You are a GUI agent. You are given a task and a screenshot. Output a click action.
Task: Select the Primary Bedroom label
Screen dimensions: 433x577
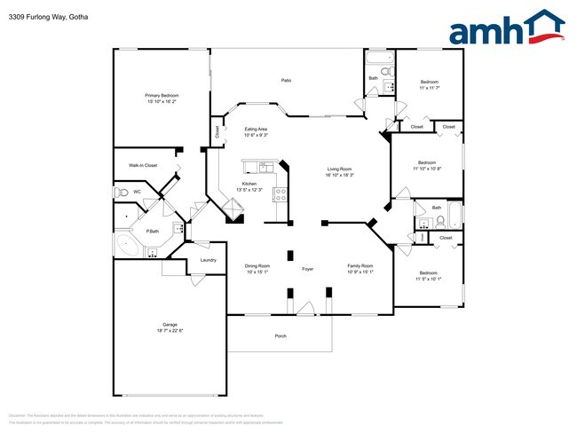coord(162,98)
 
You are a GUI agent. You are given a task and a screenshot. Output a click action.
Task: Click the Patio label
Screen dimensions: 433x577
coord(287,81)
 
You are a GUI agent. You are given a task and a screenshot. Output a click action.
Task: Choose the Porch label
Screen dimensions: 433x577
coord(281,335)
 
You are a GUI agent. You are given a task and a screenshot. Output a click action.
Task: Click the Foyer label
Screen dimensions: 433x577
coord(308,267)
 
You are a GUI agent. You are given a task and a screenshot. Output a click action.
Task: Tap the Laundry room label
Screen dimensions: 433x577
coord(209,260)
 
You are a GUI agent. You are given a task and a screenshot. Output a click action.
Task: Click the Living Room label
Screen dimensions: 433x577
coord(340,171)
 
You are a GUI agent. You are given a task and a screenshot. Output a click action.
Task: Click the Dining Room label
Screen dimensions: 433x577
coord(257,268)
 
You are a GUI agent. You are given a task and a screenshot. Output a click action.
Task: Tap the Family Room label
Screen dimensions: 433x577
coord(360,268)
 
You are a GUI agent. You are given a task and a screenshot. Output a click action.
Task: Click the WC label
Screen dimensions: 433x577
coord(137,191)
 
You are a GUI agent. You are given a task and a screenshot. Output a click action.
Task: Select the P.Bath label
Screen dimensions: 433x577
coord(153,231)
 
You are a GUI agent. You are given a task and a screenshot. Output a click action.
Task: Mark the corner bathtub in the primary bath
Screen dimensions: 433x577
coord(124,246)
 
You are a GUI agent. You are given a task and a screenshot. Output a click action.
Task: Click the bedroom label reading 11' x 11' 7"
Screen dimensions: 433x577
coord(429,85)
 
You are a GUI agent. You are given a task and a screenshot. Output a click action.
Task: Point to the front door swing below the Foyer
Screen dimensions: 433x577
coord(306,308)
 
